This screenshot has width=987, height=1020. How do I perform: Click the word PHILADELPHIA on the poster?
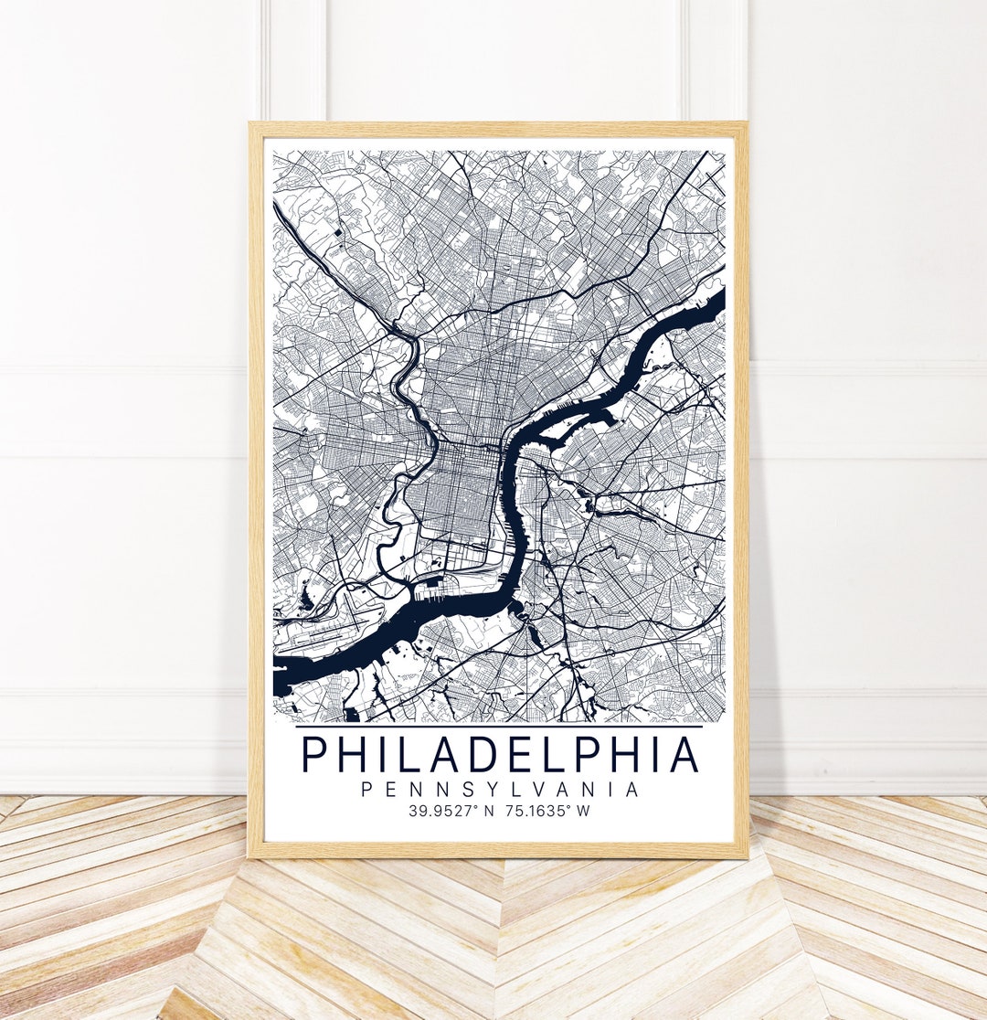click(500, 754)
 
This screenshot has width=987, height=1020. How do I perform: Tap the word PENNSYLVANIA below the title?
click(500, 790)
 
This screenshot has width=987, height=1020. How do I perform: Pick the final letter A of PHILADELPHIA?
click(685, 754)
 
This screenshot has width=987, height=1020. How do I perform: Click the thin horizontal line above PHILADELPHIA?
click(500, 727)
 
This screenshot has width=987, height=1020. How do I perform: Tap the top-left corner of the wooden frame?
click(252, 126)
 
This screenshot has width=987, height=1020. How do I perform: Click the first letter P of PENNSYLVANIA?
click(366, 790)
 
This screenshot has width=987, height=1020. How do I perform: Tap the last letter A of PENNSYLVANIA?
click(632, 790)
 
